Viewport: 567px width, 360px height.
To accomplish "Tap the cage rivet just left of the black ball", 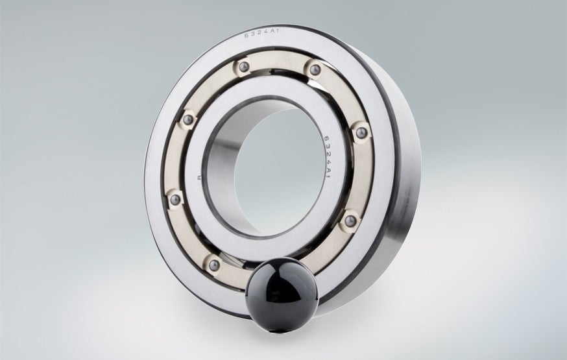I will point(211,261).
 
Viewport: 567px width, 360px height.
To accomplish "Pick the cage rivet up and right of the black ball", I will point(350,221).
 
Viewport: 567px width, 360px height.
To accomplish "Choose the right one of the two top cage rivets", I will point(314,67).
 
